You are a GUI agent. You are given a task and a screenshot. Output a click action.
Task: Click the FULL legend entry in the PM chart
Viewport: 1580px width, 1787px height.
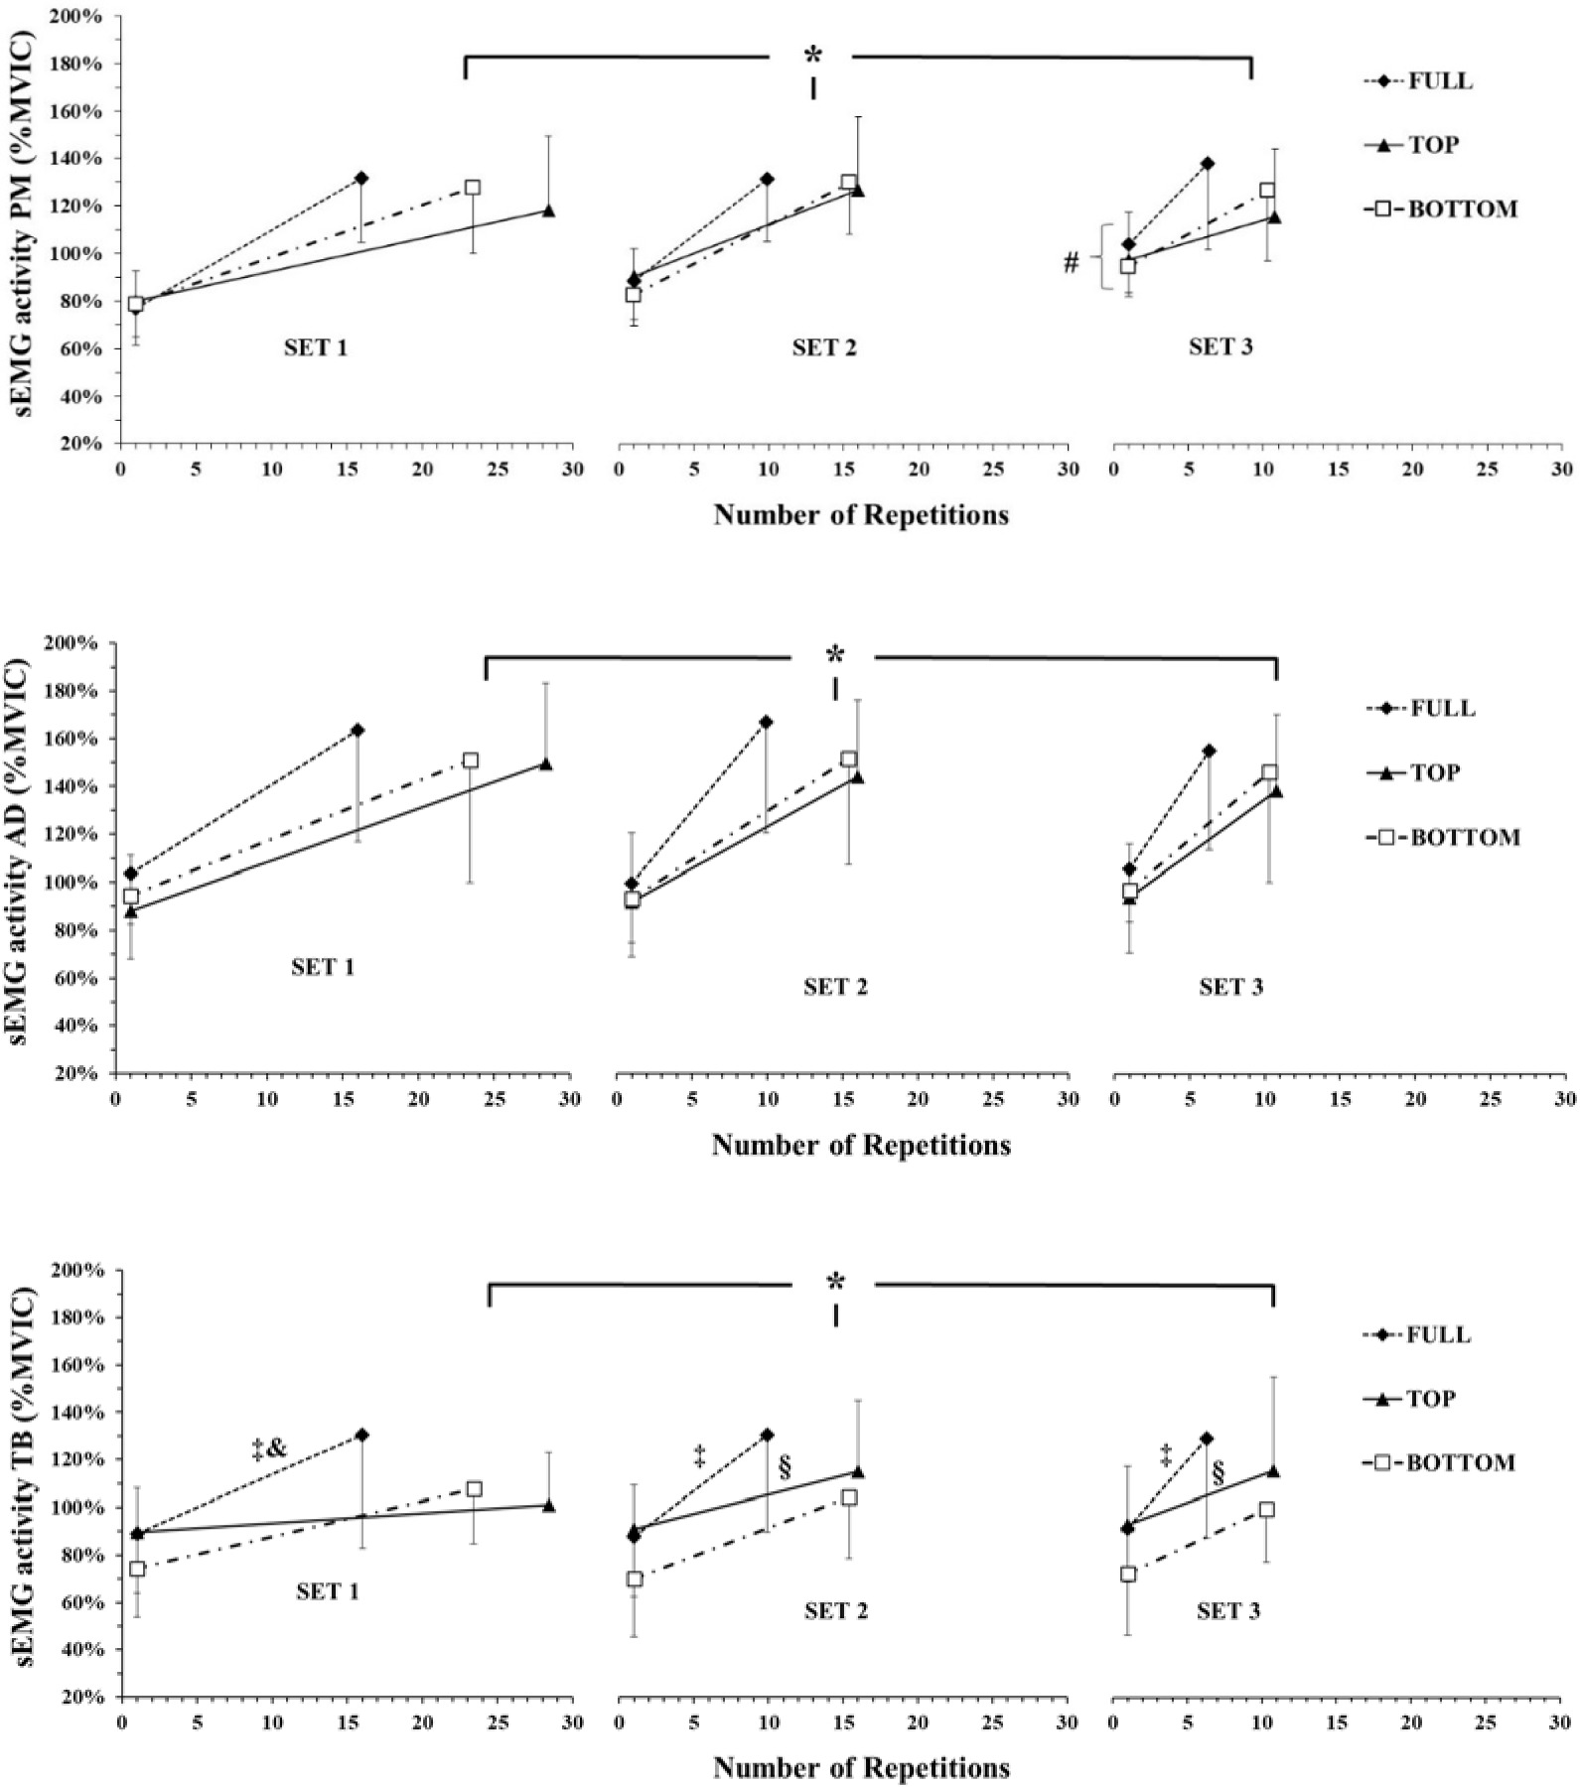1440,81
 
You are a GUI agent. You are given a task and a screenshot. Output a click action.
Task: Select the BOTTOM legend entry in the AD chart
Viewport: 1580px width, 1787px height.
1465,837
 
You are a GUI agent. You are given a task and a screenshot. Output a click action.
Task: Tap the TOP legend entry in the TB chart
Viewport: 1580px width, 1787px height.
1433,1399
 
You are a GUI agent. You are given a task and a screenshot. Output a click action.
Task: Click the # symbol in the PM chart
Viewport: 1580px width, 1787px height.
1071,263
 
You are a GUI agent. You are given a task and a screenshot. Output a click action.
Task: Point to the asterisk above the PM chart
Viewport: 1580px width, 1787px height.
813,56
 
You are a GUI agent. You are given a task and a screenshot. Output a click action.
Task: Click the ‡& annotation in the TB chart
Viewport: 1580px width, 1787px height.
268,1450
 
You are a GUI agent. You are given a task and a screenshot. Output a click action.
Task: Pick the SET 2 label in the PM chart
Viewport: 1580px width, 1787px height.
824,347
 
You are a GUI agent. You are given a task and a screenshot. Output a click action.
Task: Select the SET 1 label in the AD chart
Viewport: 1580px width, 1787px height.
323,967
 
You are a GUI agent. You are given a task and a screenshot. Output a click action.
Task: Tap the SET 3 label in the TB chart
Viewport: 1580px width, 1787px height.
1228,1611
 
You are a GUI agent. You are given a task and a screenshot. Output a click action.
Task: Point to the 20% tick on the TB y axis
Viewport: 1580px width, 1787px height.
81,1698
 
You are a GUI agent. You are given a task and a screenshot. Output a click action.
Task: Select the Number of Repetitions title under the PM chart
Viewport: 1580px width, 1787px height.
861,515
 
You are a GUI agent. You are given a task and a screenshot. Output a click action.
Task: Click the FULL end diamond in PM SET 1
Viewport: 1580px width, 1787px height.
361,179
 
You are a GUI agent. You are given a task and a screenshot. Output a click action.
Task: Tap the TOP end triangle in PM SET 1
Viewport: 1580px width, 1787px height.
548,210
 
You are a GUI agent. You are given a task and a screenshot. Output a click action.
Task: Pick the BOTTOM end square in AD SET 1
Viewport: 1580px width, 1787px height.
471,760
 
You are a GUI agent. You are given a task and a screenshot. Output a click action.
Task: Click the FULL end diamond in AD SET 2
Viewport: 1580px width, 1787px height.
766,722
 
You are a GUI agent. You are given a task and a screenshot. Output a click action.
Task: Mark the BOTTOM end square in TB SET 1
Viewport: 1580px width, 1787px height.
475,1489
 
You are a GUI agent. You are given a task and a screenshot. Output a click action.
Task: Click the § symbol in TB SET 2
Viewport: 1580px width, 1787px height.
785,1469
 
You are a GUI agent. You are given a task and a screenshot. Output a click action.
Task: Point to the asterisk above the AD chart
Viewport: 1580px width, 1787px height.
835,655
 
